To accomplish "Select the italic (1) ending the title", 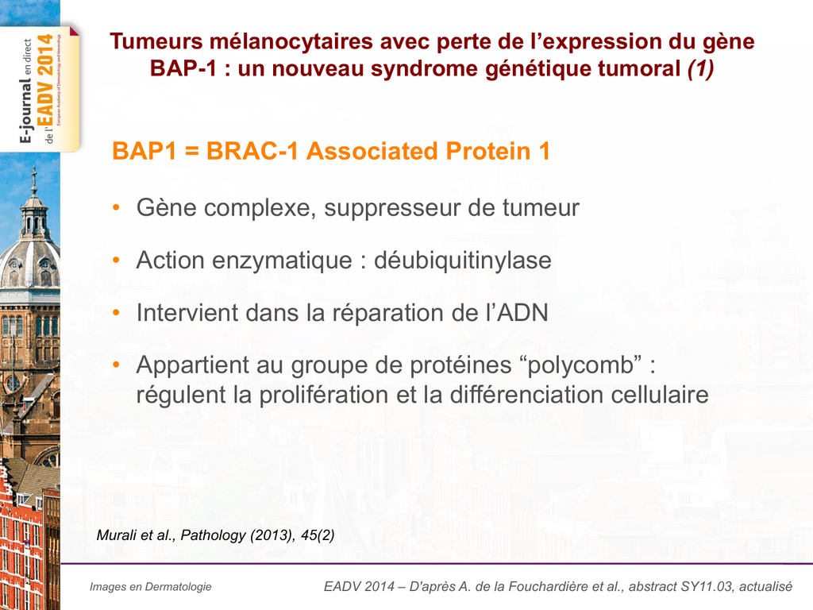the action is coord(700,69).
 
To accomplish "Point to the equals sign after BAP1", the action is coord(192,152).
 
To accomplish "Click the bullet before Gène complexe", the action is coord(116,209).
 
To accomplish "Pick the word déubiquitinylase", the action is coord(463,261).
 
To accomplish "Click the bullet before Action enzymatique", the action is coord(116,261).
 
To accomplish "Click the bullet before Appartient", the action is coord(116,365).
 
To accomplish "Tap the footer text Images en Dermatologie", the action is coord(150,587).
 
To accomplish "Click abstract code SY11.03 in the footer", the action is coord(707,587).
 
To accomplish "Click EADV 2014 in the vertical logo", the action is coord(45,82).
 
